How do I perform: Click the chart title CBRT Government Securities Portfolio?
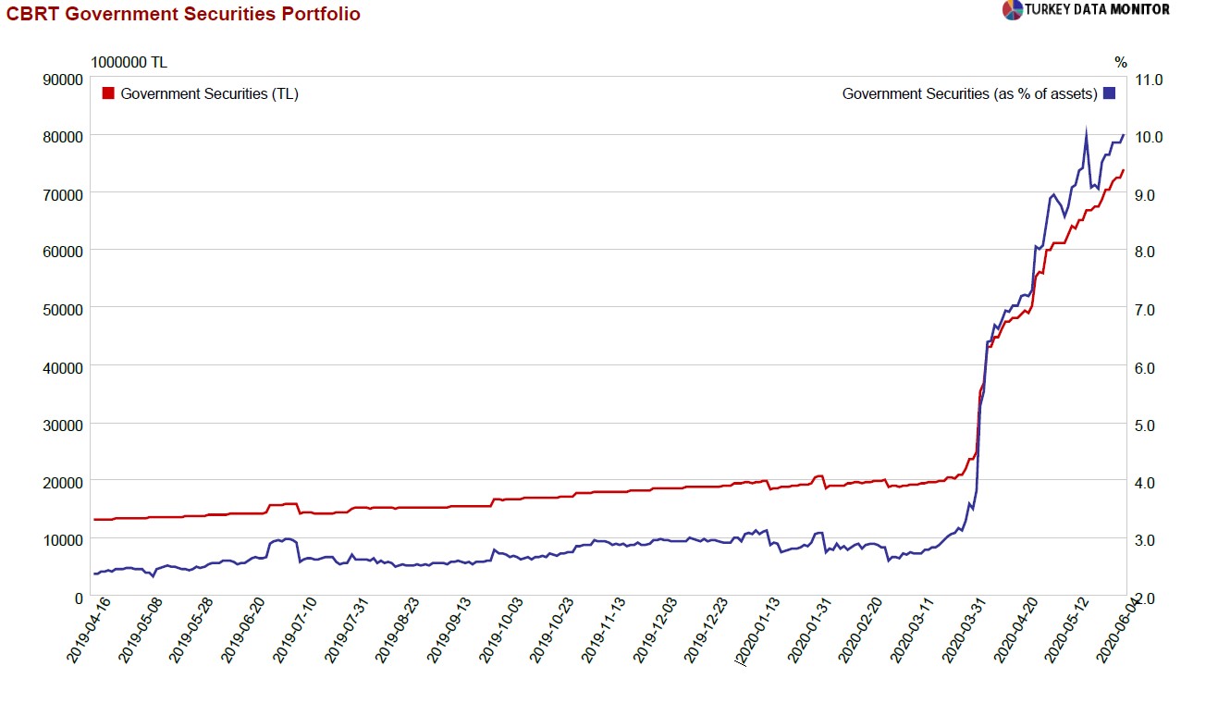183,14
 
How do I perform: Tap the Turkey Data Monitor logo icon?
1012,10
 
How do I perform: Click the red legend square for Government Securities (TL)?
108,93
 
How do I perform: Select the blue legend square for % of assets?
1110,93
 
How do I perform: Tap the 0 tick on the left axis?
78,598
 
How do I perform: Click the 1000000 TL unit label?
129,62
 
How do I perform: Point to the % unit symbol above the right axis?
1120,62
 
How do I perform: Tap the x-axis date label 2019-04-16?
89,631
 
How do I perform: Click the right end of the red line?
1123,170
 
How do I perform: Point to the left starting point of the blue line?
94,573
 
